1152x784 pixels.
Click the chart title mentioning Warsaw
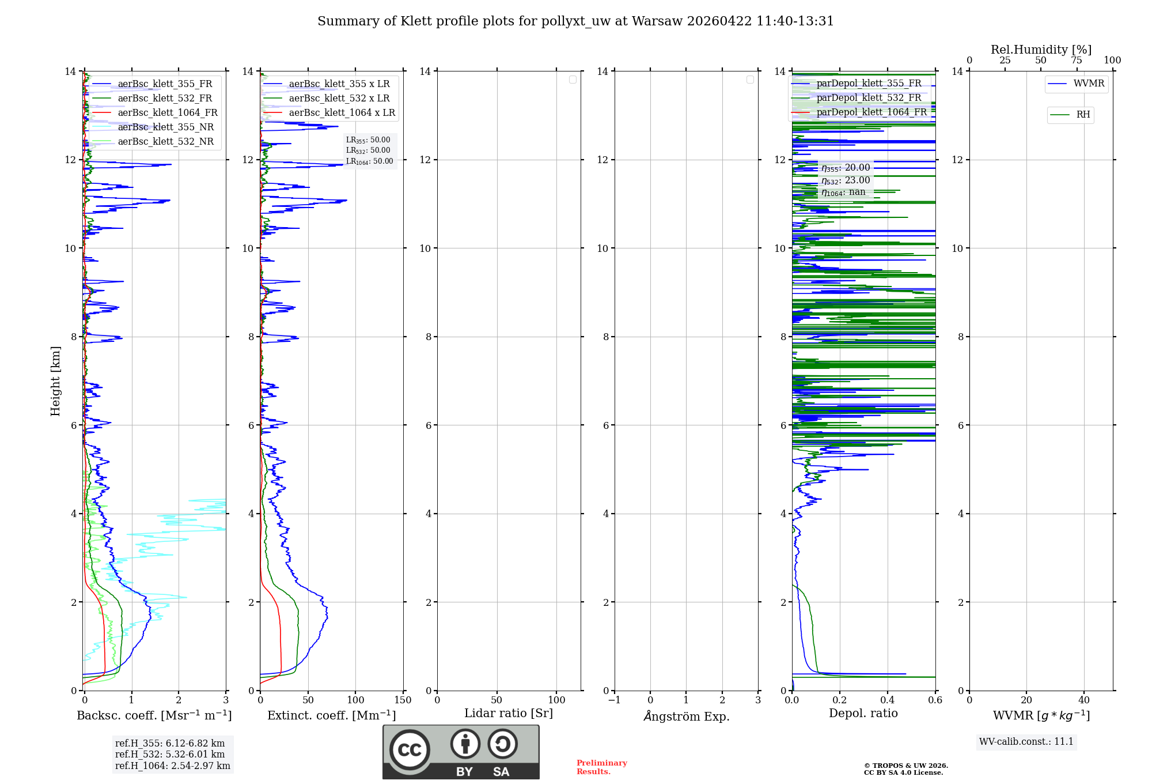[x=575, y=21]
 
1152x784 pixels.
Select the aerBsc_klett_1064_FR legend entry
[x=167, y=113]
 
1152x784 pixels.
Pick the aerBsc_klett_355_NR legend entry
[x=165, y=127]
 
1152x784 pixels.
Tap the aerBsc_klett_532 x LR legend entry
[x=339, y=99]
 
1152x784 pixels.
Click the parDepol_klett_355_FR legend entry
[x=869, y=84]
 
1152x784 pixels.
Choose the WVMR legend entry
[x=1088, y=84]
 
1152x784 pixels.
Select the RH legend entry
[x=1082, y=115]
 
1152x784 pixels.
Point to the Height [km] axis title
[x=55, y=381]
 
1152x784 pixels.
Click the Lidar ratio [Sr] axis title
[x=508, y=714]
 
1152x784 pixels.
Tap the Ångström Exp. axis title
[x=686, y=717]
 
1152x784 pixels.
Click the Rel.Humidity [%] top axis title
[x=1041, y=50]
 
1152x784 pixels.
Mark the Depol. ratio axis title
[x=863, y=714]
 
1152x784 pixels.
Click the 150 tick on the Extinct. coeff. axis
[x=403, y=700]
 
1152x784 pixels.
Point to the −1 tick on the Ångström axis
[x=614, y=700]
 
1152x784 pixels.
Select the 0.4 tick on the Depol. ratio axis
[x=887, y=700]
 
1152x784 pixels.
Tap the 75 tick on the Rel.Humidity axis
[x=1076, y=61]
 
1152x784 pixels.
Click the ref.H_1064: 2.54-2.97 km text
[x=172, y=766]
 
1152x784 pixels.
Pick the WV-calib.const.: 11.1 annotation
[x=1026, y=742]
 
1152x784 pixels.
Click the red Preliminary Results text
[x=601, y=767]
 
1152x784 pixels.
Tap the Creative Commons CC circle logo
[x=410, y=750]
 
